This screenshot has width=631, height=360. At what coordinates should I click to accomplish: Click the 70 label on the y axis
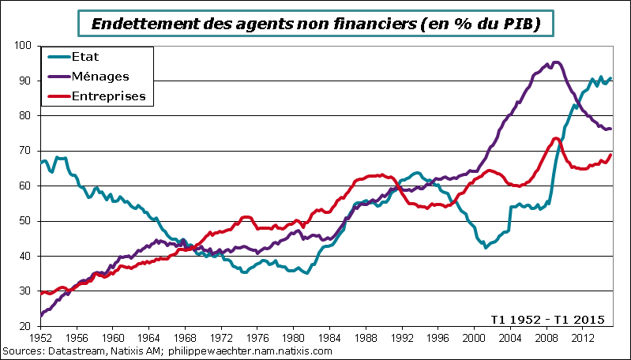(26, 151)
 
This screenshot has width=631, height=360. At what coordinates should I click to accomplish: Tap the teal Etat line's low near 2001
(486, 247)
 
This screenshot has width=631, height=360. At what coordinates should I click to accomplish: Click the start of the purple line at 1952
(40, 316)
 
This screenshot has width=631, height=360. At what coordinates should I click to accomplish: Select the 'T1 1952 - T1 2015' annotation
(547, 319)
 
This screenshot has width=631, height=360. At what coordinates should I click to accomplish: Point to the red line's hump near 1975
(246, 216)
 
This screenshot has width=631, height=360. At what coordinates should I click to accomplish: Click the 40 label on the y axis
(26, 256)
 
